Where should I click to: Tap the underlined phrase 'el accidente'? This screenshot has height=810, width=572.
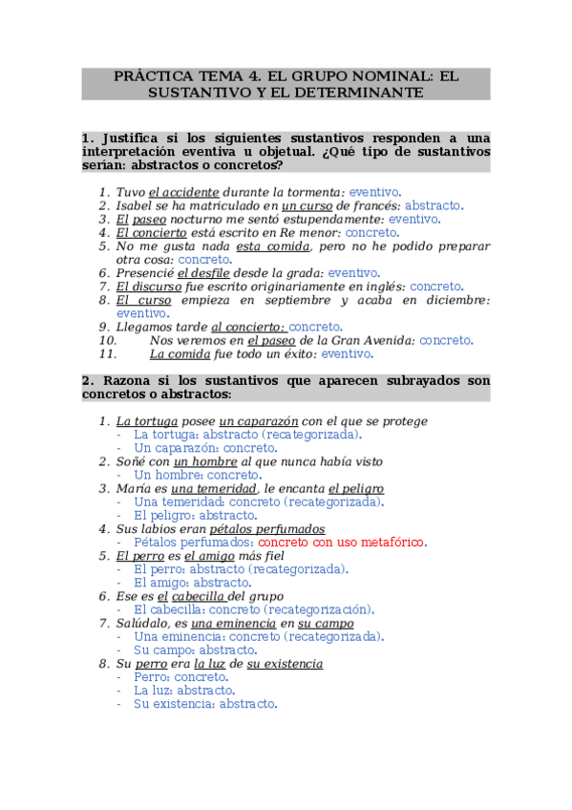tap(183, 192)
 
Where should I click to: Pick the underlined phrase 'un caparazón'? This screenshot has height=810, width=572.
tap(259, 421)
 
